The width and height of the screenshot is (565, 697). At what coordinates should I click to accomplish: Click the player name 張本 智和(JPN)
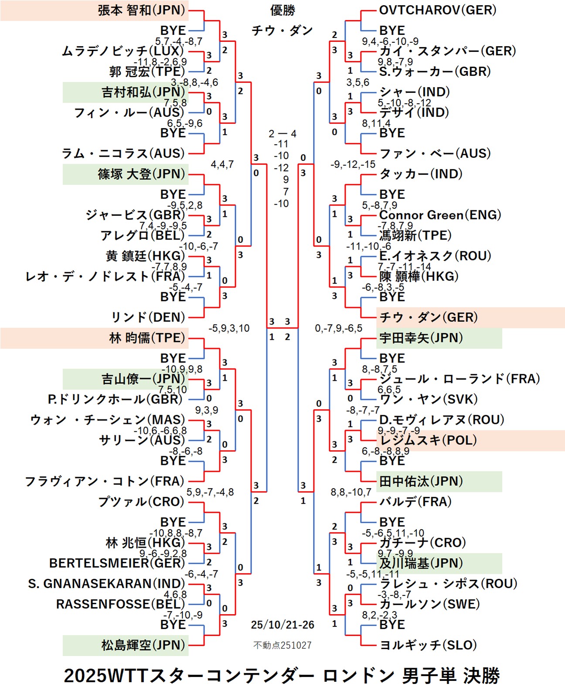click(x=141, y=10)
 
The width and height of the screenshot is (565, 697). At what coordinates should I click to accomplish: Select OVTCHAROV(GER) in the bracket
click(x=438, y=10)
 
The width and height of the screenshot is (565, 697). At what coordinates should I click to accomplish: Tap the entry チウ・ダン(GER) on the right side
click(x=429, y=318)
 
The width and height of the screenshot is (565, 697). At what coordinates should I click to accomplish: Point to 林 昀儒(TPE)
click(x=147, y=338)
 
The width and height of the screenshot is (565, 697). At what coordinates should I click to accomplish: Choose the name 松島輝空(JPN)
click(x=143, y=645)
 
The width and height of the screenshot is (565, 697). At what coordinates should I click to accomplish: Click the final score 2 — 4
click(x=282, y=134)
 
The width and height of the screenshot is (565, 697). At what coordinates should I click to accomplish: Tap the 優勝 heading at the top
click(x=282, y=10)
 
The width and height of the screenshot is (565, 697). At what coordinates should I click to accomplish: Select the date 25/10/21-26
click(x=282, y=625)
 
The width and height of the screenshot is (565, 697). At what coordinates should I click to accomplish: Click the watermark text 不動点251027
click(x=282, y=645)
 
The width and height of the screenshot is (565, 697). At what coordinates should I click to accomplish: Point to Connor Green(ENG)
click(x=440, y=215)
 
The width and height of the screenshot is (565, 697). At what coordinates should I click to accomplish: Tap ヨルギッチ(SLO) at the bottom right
click(x=428, y=645)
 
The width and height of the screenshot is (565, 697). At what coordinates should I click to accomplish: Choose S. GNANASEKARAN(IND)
click(x=107, y=584)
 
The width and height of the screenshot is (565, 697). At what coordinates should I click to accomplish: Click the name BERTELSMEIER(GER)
click(x=117, y=563)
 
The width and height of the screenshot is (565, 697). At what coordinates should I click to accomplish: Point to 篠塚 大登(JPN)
click(x=141, y=174)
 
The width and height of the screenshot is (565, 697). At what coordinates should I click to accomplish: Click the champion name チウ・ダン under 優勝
click(x=282, y=31)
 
